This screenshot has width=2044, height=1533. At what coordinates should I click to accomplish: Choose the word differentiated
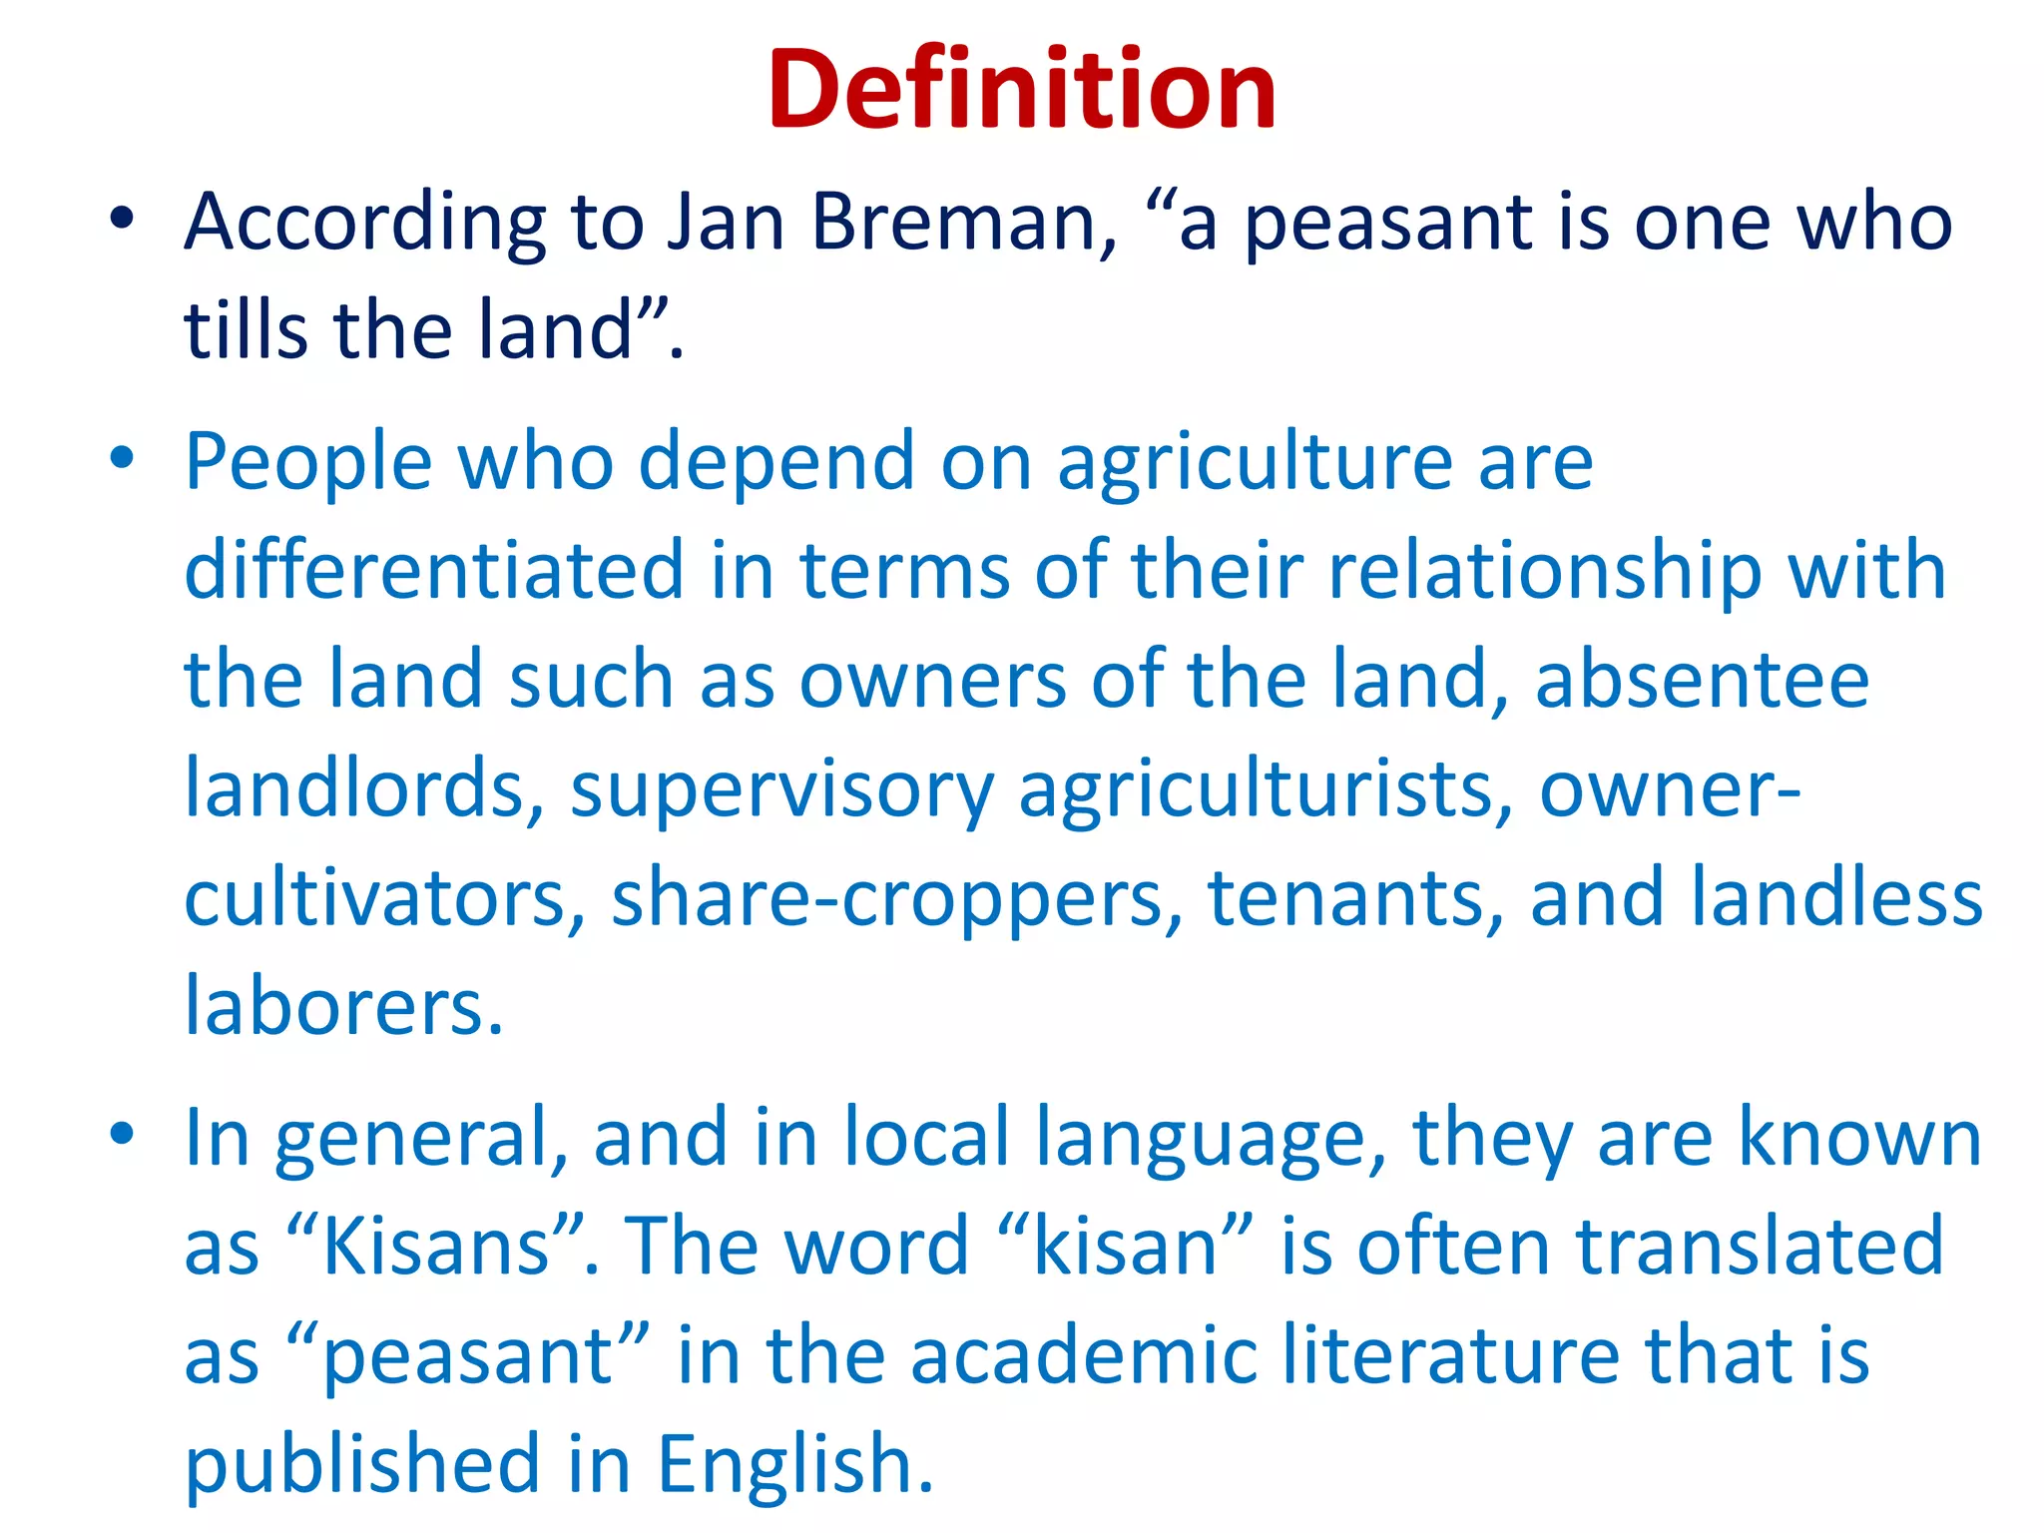(x=434, y=570)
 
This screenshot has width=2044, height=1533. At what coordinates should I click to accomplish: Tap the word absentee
(x=1702, y=680)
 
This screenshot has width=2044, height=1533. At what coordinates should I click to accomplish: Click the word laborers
(x=344, y=1006)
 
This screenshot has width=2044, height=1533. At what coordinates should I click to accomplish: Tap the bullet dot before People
(x=122, y=458)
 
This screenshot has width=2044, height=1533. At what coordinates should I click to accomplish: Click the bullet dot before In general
(x=122, y=1135)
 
